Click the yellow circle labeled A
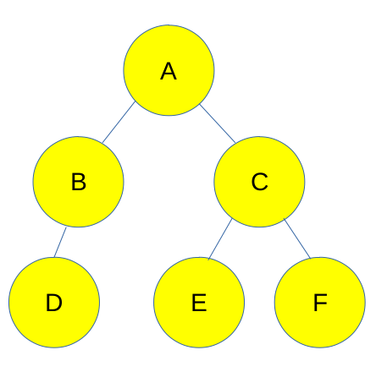[x=169, y=70]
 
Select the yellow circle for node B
[x=78, y=182]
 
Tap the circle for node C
[x=259, y=182]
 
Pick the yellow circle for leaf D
[x=54, y=303]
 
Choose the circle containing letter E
[x=199, y=303]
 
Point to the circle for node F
[x=320, y=303]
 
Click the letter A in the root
[x=169, y=71]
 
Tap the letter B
[x=79, y=182]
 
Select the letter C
[x=259, y=182]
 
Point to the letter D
[x=53, y=303]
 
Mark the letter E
[x=199, y=303]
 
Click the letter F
[x=320, y=303]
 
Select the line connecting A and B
[x=119, y=123]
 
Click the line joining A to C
[x=218, y=123]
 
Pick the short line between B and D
[x=60, y=242]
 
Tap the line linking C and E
[x=220, y=239]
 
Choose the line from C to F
[x=297, y=238]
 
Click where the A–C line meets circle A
[x=200, y=104]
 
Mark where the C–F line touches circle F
[x=311, y=258]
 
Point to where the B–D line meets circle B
[x=66, y=227]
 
